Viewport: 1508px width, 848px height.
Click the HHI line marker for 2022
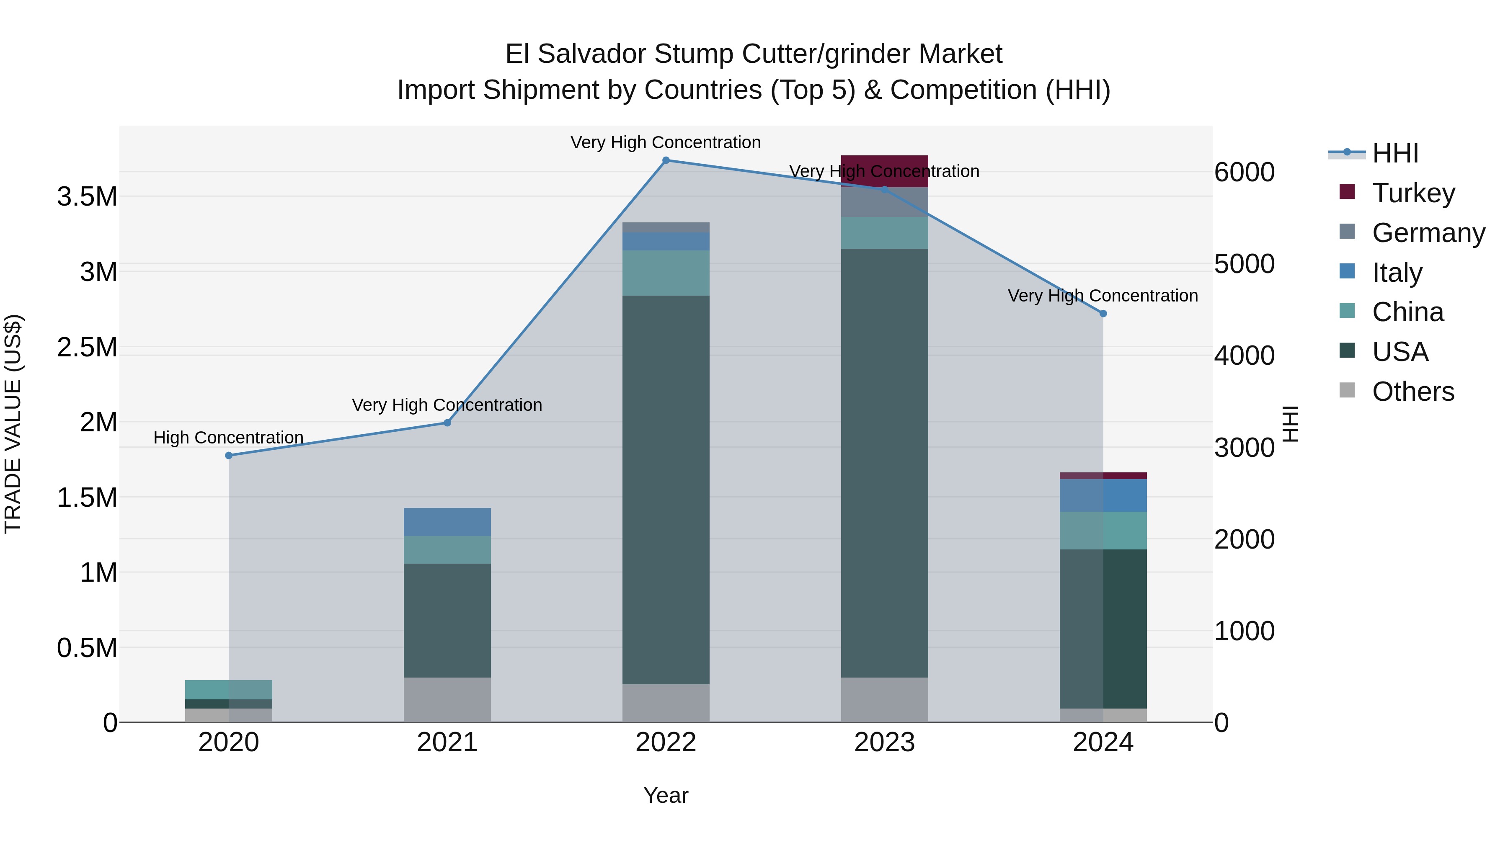666,160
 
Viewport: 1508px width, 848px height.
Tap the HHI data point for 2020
229,455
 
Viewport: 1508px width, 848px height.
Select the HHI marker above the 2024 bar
1103,314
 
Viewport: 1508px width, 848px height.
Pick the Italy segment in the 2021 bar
447,522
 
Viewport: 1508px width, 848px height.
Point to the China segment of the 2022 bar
666,273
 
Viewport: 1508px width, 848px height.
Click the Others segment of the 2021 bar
447,699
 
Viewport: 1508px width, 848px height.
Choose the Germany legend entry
1428,233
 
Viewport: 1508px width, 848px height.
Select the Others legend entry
1412,392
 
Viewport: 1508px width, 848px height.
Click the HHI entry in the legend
1394,153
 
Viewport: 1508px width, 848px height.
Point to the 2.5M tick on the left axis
87,348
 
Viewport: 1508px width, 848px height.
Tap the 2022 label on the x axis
666,742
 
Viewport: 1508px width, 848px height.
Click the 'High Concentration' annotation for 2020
228,438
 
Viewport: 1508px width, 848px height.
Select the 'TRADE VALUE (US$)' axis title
13,424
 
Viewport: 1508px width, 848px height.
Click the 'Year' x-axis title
666,795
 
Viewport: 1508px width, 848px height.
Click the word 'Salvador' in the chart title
592,54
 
